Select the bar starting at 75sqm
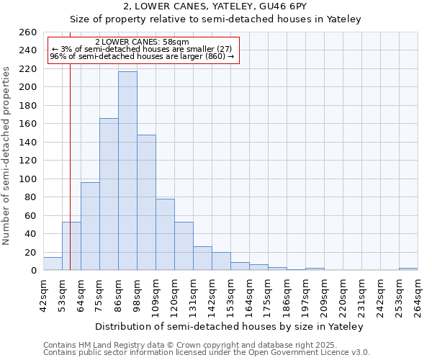click(109, 194)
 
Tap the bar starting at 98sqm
click(146, 202)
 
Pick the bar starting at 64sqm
click(90, 226)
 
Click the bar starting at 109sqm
click(165, 235)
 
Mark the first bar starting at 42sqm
click(53, 264)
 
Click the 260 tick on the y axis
click(28, 32)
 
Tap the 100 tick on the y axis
click(28, 179)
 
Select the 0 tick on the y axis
click(33, 271)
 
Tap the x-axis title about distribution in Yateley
click(230, 326)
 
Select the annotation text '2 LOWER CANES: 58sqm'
click(142, 42)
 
